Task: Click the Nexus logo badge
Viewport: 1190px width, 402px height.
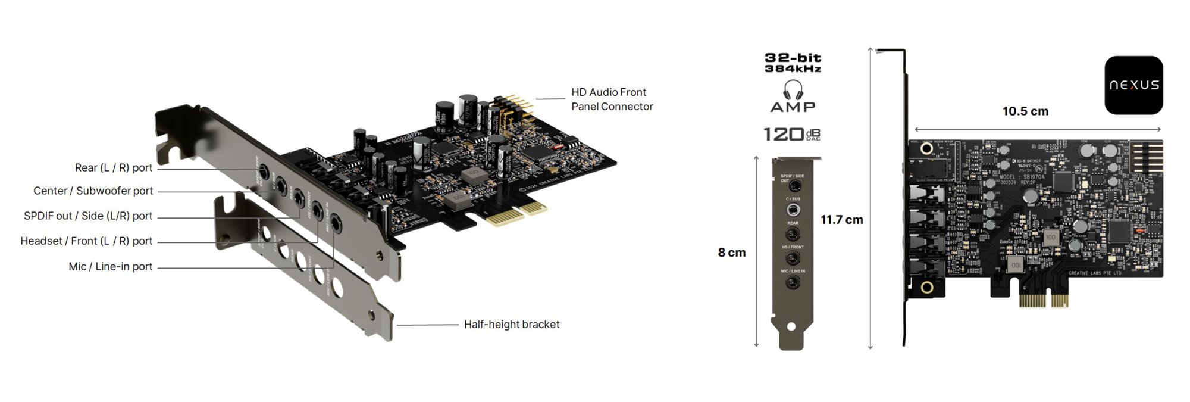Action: [1133, 85]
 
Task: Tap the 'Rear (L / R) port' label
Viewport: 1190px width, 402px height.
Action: [114, 168]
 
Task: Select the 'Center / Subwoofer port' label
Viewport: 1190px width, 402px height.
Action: [93, 191]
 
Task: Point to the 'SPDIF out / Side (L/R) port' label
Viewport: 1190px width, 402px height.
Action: [88, 216]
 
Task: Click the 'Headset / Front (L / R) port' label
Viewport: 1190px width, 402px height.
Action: [86, 241]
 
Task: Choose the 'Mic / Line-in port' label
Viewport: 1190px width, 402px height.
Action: [111, 267]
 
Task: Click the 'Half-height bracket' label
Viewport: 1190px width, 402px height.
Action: [512, 325]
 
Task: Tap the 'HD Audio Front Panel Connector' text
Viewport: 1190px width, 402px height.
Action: [612, 99]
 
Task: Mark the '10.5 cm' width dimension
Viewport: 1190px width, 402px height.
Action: [1025, 111]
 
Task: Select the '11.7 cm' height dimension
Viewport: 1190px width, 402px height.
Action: [841, 220]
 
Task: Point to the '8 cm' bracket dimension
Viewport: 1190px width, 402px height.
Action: [731, 253]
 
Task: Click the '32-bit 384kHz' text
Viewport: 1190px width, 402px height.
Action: [793, 63]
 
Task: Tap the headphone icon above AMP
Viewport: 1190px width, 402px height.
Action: [793, 90]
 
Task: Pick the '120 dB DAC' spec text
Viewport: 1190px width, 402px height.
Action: [792, 135]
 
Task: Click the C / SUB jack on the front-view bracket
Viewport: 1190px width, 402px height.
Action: [793, 210]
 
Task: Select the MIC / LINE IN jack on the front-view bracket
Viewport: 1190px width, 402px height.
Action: [793, 283]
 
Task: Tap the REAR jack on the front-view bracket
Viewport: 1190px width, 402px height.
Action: [793, 234]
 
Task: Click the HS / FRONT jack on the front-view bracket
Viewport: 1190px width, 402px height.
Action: [793, 258]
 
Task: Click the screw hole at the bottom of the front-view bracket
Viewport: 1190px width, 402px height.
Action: [791, 327]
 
